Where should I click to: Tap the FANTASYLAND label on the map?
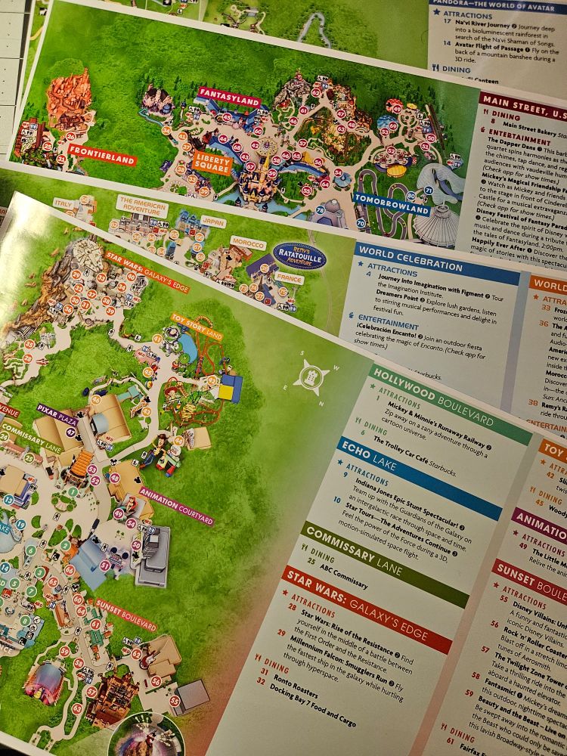pos(228,98)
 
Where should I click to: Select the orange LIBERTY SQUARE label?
pos(212,161)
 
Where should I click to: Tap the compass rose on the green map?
pos(311,374)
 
